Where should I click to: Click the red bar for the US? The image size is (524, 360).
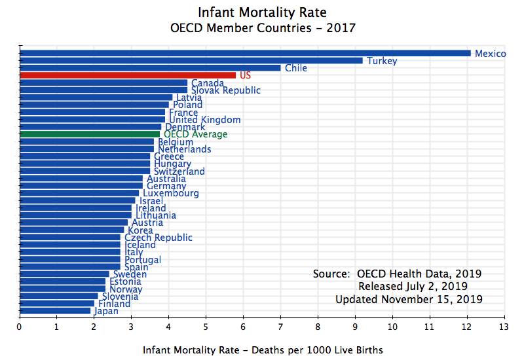(128, 75)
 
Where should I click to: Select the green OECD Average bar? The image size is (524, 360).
(90, 134)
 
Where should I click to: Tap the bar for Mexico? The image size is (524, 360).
(246, 53)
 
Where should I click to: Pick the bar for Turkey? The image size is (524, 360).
(191, 61)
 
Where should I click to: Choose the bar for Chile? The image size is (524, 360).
(150, 68)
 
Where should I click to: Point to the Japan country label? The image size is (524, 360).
(106, 311)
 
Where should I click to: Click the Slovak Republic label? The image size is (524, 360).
(225, 90)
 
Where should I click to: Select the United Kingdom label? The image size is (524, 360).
(204, 120)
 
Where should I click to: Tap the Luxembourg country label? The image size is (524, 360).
(171, 194)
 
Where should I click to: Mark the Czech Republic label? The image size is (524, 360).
(159, 238)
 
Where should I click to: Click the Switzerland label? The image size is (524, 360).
(179, 171)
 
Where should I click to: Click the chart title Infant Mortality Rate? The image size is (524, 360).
(262, 12)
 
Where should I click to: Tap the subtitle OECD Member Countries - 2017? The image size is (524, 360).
(262, 28)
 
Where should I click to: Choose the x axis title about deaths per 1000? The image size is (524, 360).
(263, 350)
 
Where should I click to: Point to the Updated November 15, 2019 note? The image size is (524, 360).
(409, 299)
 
